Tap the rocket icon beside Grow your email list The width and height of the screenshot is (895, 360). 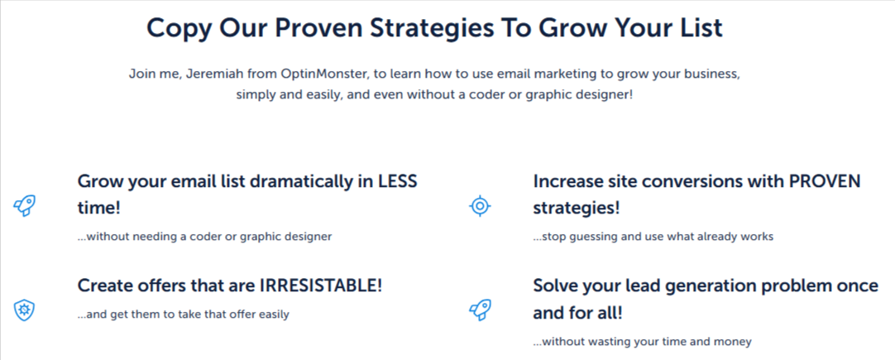[x=25, y=206]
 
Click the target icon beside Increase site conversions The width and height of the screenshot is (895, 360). [x=480, y=206]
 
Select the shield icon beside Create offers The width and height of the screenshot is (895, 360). [x=25, y=310]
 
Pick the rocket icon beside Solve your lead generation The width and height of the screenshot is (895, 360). [x=480, y=310]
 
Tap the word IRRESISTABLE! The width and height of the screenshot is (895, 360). [x=321, y=286]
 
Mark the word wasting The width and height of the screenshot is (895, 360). [x=605, y=341]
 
